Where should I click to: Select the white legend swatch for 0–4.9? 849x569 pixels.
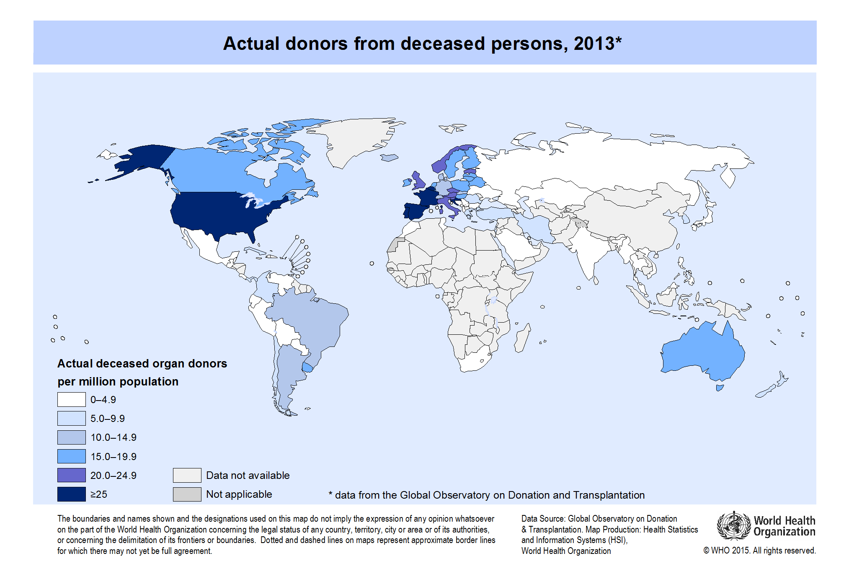(x=71, y=399)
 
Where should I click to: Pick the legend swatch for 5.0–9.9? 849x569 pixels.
(x=71, y=418)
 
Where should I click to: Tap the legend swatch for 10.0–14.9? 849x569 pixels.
(x=71, y=437)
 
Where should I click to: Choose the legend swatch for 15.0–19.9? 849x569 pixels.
(x=71, y=456)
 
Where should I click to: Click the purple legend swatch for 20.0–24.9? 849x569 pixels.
(x=71, y=475)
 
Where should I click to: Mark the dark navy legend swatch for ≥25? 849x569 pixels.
(x=71, y=494)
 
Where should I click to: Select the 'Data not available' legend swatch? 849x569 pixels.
(x=187, y=475)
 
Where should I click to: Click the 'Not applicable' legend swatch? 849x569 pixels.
(x=187, y=494)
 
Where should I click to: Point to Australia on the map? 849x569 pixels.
(x=704, y=352)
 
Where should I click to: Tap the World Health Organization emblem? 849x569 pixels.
(x=733, y=526)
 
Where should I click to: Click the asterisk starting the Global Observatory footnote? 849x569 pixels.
(x=330, y=494)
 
